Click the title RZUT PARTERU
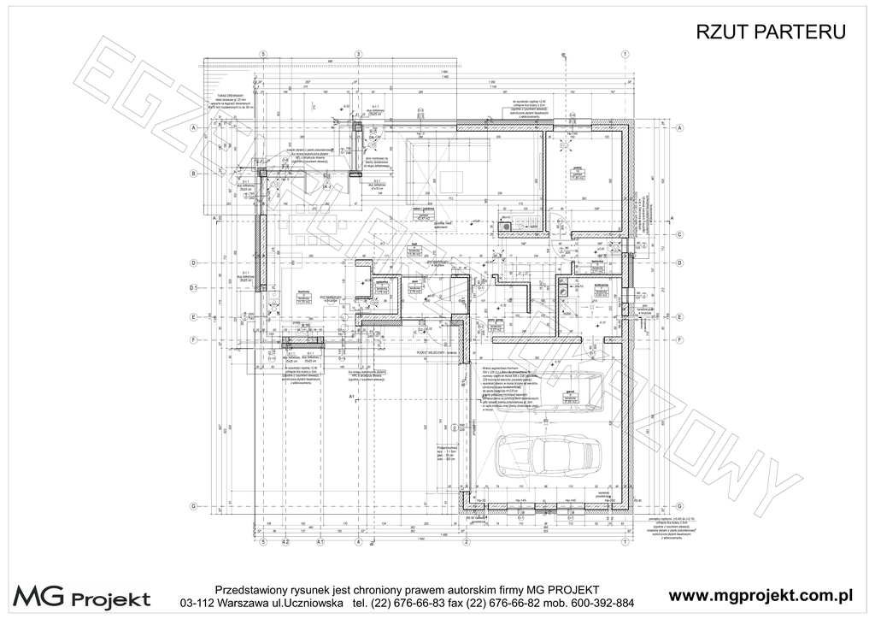point(772,32)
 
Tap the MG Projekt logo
point(82,596)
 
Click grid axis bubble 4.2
point(286,542)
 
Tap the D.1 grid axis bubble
point(194,288)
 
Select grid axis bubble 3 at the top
point(358,54)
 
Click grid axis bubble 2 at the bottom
point(466,542)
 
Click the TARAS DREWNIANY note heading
point(232,96)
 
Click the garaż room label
point(568,391)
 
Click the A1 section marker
point(352,398)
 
